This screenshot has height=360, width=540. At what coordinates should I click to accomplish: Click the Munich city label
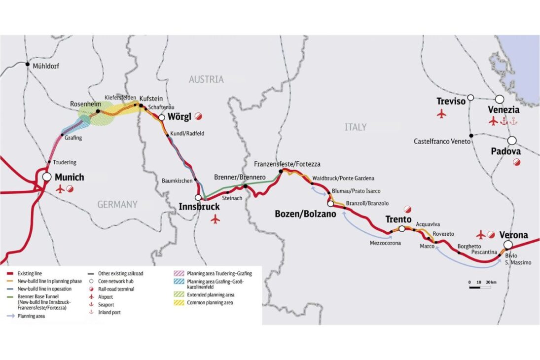[69, 178]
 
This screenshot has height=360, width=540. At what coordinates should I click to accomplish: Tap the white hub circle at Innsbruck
[198, 197]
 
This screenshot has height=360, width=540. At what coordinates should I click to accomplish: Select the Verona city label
[513, 235]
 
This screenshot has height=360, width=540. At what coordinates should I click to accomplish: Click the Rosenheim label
[82, 104]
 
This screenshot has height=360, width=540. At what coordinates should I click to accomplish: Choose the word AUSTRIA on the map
[206, 79]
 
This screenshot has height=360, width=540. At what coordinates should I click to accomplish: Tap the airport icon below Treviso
[441, 114]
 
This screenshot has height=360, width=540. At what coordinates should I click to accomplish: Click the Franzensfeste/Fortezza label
[287, 163]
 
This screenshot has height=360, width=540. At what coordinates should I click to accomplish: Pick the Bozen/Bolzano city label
[305, 214]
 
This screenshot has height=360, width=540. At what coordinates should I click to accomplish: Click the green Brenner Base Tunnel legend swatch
[10, 297]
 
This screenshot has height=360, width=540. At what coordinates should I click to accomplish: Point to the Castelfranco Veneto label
[442, 142]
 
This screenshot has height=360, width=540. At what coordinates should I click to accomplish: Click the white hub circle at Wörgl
[161, 117]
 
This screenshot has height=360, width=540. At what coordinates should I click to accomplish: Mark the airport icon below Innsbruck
[215, 218]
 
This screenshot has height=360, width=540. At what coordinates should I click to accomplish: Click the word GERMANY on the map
[117, 204]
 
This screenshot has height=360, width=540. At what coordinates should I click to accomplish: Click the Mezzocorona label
[386, 243]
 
